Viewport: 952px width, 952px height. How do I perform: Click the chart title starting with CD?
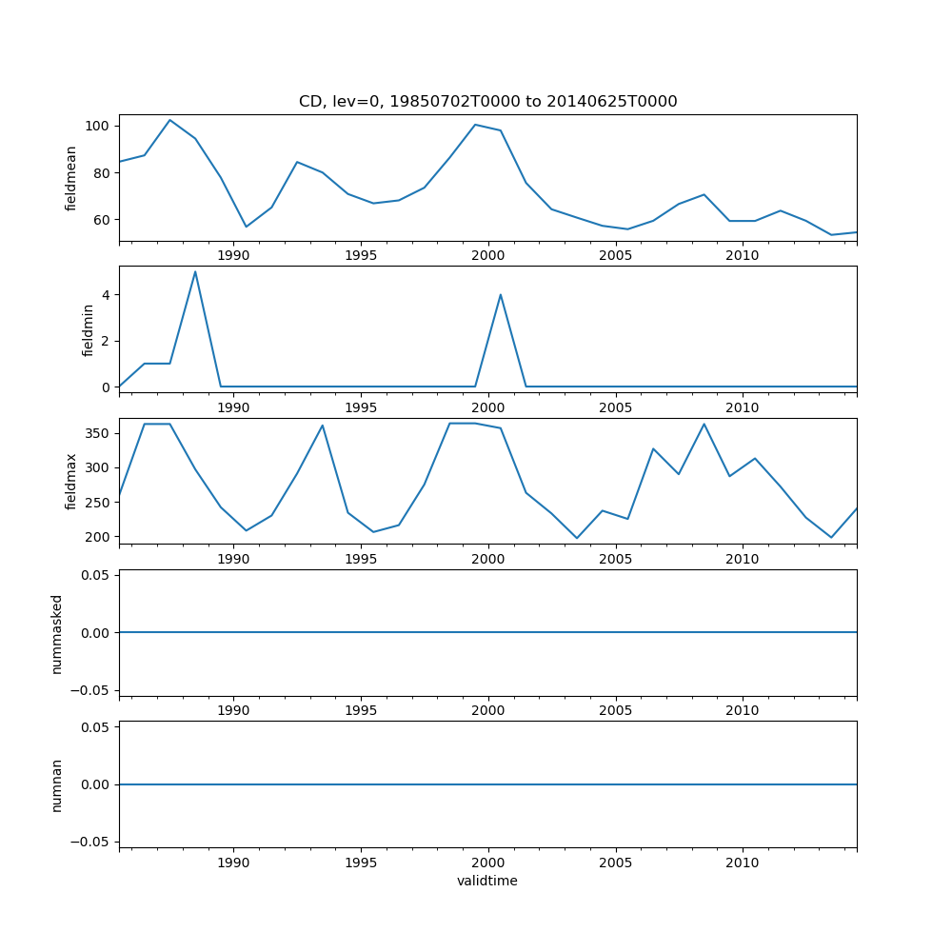point(487,102)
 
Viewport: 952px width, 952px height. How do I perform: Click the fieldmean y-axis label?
point(71,178)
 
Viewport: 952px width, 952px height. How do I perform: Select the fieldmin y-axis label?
point(89,329)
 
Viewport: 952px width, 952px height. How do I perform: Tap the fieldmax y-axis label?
point(71,481)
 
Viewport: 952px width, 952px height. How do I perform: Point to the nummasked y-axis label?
point(57,633)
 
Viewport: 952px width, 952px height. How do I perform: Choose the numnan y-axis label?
point(57,784)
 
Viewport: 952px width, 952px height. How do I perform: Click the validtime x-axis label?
point(487,882)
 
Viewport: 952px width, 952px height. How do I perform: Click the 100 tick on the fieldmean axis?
point(98,126)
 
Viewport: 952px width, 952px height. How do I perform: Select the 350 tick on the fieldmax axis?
point(98,433)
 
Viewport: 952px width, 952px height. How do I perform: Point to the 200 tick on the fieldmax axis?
point(98,537)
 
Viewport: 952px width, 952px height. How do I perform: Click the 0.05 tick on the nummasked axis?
point(94,575)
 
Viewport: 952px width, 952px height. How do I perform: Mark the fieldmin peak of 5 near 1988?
point(195,272)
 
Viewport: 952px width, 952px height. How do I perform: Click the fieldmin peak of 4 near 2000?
point(501,295)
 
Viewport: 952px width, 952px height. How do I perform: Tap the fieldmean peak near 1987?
point(169,120)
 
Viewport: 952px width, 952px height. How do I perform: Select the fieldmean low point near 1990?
point(247,227)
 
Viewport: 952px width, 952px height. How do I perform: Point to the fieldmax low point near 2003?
point(576,538)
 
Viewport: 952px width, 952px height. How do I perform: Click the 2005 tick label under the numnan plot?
point(615,863)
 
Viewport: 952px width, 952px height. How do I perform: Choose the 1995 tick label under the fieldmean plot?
point(361,255)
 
